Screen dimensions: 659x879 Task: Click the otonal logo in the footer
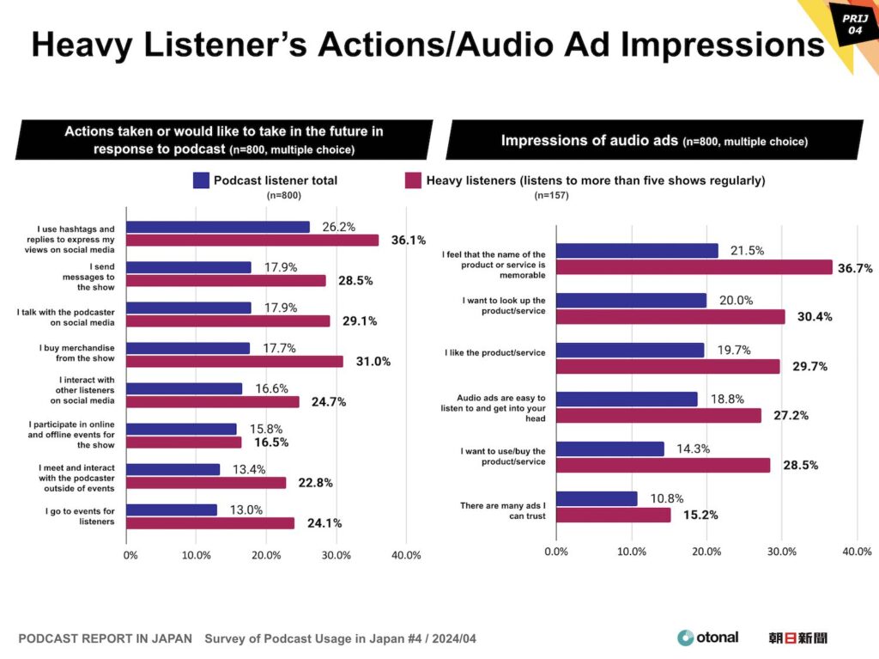coord(707,638)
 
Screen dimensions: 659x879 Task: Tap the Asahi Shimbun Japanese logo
coord(798,638)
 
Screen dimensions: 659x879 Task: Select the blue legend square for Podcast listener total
coord(201,180)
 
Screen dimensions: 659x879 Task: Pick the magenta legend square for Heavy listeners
coord(413,180)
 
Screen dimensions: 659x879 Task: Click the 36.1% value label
coord(409,241)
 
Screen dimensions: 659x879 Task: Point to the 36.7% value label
coord(855,268)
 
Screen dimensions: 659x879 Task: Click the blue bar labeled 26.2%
coord(218,227)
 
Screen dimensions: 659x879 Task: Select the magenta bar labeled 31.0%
coord(234,361)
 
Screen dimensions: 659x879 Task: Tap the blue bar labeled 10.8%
coord(597,498)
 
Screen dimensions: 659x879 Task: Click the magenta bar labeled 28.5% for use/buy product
coord(663,465)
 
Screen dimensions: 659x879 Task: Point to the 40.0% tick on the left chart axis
coord(406,555)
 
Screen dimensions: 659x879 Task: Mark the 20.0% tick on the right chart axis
coord(707,552)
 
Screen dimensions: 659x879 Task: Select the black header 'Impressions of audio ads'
coord(654,140)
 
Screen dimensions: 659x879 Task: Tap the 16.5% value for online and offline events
coord(270,442)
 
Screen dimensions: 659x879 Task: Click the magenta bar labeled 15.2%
coord(613,515)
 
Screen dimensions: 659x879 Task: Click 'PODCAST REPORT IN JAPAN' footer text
coord(106,639)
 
